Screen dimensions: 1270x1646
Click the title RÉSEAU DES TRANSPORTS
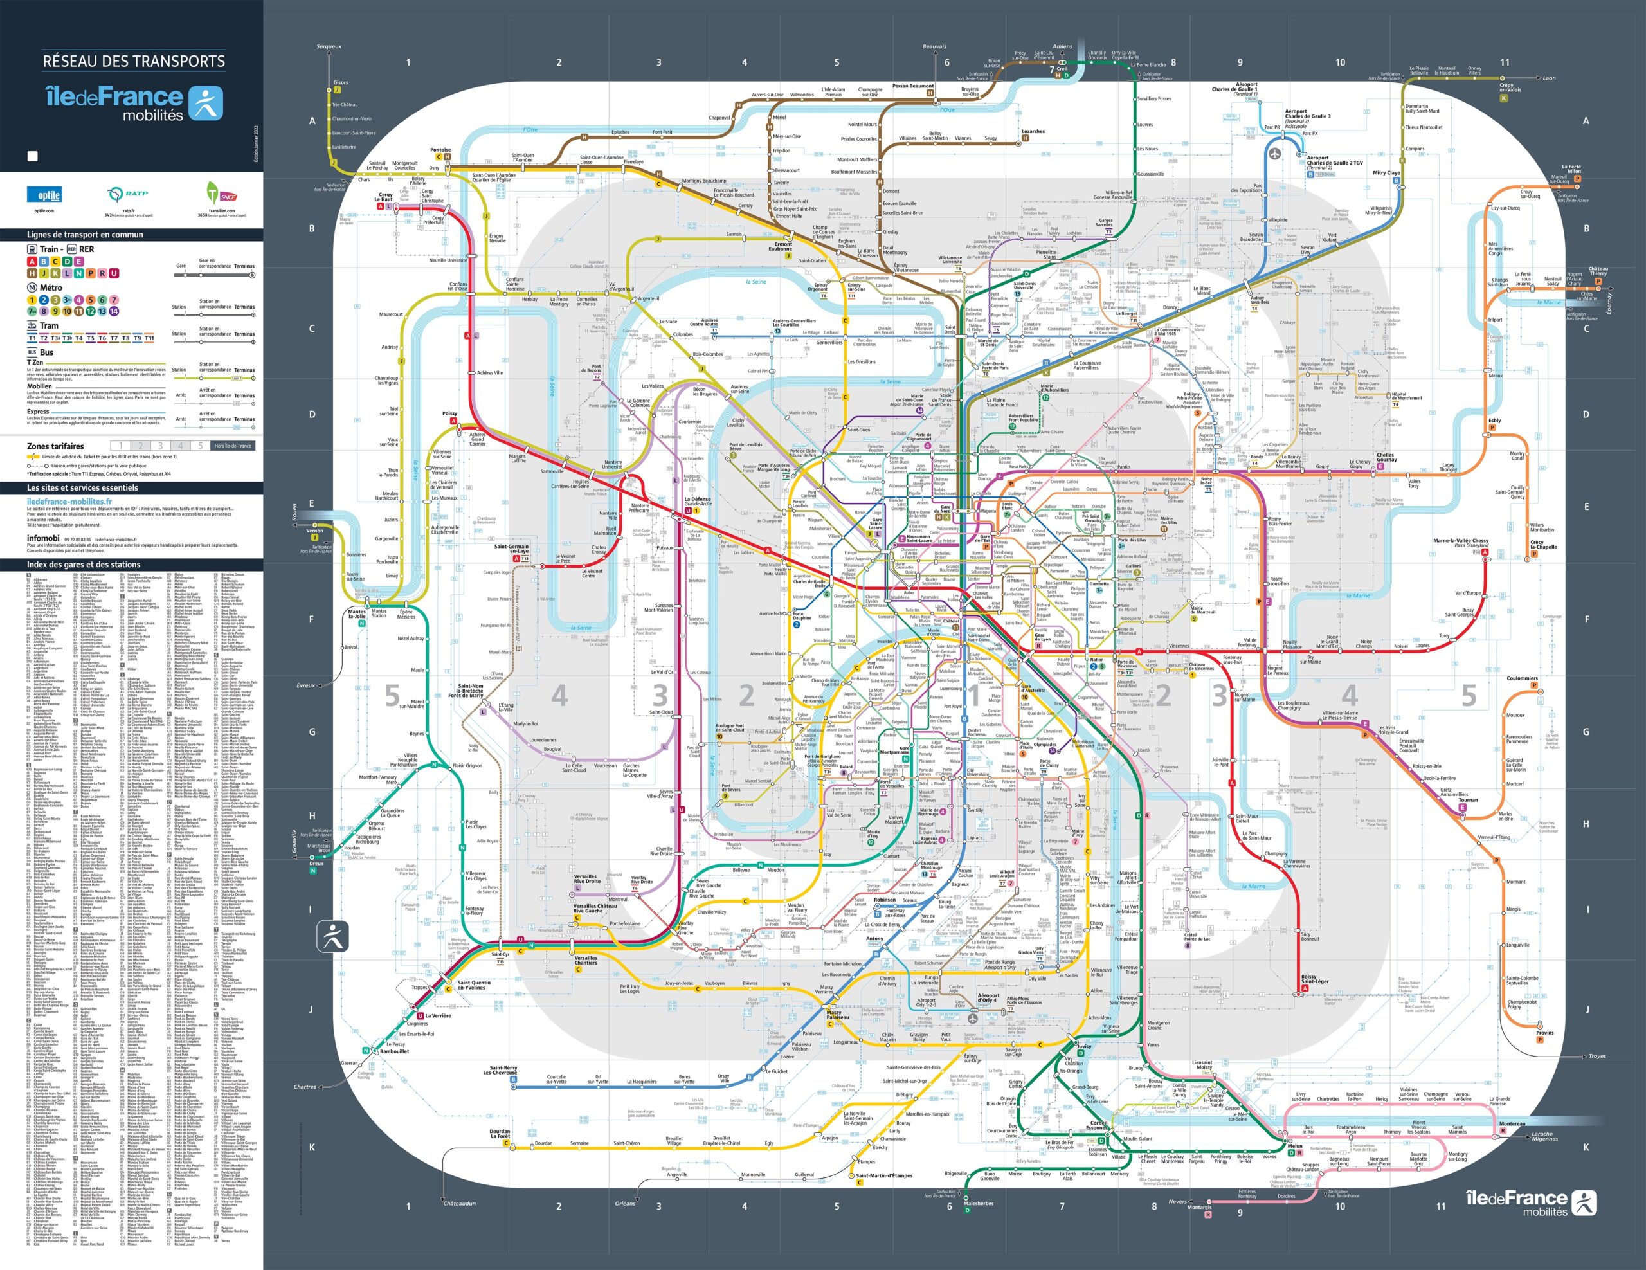click(133, 61)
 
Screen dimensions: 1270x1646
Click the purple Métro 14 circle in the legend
click(114, 311)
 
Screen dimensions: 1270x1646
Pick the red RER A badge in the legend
click(32, 262)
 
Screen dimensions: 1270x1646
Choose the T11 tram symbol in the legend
click(149, 338)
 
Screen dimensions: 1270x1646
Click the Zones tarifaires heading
click(56, 446)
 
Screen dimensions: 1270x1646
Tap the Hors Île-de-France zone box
click(232, 446)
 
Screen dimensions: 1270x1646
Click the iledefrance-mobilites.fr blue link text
click(69, 501)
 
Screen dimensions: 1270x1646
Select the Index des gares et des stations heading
click(83, 565)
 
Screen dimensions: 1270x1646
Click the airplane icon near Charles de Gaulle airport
click(1274, 154)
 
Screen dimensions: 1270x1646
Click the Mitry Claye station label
click(1386, 172)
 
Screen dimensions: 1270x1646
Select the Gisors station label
click(341, 83)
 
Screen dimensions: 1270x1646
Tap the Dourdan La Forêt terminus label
click(500, 1134)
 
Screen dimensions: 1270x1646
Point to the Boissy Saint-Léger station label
click(1314, 979)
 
